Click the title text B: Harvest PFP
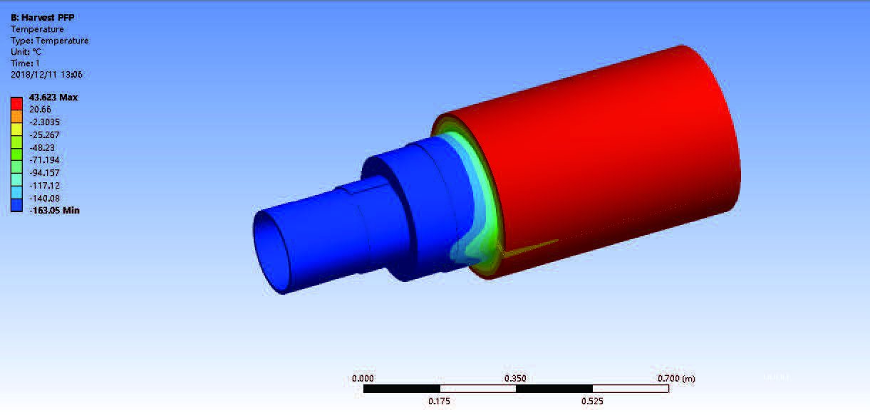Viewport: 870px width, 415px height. point(42,18)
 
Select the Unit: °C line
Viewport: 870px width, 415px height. point(26,51)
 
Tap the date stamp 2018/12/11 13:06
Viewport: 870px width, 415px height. point(46,75)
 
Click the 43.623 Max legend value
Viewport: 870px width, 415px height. point(53,98)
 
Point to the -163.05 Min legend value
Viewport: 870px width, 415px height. point(54,210)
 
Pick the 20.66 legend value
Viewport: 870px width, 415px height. point(40,110)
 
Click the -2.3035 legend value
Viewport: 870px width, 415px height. point(44,122)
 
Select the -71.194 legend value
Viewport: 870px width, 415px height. point(44,159)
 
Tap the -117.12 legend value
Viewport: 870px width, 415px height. point(44,185)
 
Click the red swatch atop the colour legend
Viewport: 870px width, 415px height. point(16,103)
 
